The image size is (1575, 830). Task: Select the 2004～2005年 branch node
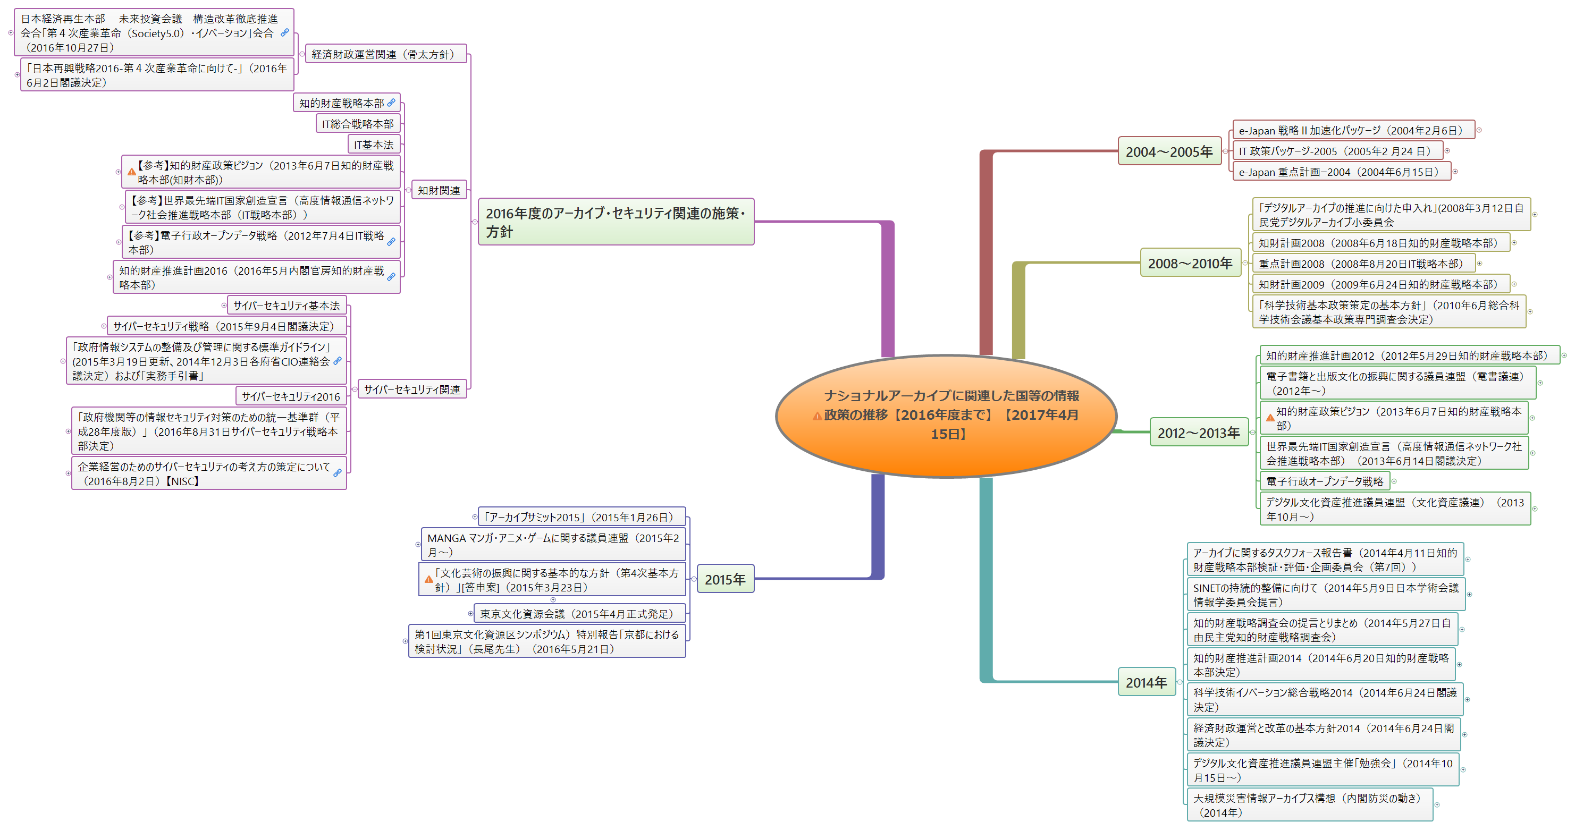tap(1169, 151)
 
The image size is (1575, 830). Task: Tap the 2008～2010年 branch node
tap(1190, 264)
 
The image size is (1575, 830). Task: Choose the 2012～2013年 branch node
tap(1198, 433)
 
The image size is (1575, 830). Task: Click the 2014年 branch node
tap(1147, 683)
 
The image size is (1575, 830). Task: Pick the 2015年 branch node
tap(725, 579)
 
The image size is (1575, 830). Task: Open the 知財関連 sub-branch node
tap(439, 191)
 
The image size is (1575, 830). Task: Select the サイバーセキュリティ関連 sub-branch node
tap(411, 389)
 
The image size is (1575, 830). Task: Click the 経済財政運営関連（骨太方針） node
tap(385, 54)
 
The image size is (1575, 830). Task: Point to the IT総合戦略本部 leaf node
tap(358, 124)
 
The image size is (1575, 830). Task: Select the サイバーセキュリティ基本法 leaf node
tap(286, 306)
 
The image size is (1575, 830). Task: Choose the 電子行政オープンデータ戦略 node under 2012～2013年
tap(1324, 481)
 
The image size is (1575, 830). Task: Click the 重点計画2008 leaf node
tap(1360, 264)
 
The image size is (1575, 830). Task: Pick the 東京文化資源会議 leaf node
tap(576, 614)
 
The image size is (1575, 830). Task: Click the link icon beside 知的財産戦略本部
tap(391, 103)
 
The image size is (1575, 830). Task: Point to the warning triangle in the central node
tap(817, 416)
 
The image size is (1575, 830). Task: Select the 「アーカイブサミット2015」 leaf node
tap(581, 517)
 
